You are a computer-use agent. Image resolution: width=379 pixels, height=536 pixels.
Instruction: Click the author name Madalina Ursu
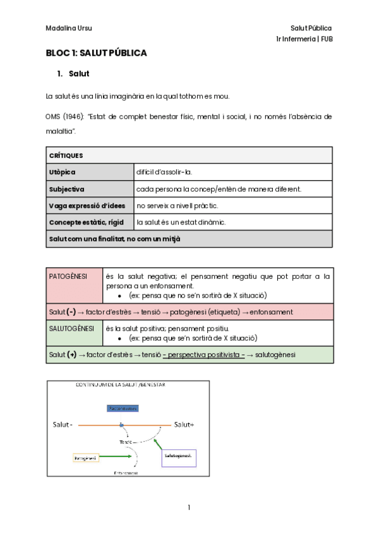[69, 28]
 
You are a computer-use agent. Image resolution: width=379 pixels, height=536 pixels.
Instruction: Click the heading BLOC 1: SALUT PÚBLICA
[96, 53]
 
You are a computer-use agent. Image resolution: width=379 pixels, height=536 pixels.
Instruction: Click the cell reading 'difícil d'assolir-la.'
[164, 172]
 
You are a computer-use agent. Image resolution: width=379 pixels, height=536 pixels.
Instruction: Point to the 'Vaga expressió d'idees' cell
[90, 205]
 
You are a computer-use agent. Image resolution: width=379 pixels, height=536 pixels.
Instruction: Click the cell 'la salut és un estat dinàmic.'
[181, 222]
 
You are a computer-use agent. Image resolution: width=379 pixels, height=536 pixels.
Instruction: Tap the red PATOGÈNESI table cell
[74, 286]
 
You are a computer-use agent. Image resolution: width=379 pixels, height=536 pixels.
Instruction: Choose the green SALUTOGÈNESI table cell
[74, 332]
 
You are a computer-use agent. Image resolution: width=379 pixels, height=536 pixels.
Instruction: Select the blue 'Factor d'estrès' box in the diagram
[123, 408]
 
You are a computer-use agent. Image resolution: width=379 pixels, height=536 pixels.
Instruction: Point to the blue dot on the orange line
[121, 425]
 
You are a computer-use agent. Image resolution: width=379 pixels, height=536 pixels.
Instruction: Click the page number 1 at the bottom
[189, 508]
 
